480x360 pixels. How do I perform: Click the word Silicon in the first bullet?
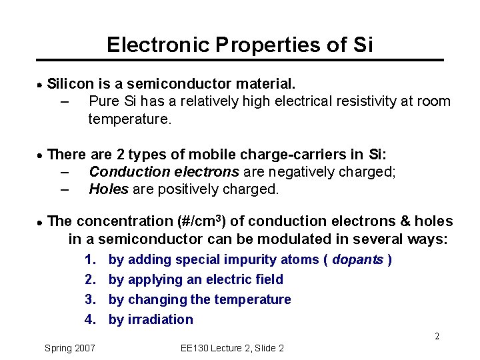pyautogui.click(x=73, y=84)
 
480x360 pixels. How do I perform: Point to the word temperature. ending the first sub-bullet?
pyautogui.click(x=130, y=119)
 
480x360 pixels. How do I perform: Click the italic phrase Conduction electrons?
pyautogui.click(x=164, y=172)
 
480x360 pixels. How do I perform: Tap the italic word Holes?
pyautogui.click(x=109, y=189)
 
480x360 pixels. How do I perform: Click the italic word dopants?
pyautogui.click(x=358, y=259)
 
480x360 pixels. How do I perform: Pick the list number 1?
pyautogui.click(x=91, y=259)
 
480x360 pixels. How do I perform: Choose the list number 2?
pyautogui.click(x=91, y=279)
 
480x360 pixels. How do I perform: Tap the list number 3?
pyautogui.click(x=91, y=299)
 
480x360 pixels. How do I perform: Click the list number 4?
pyautogui.click(x=91, y=319)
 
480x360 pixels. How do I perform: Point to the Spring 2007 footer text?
pyautogui.click(x=69, y=348)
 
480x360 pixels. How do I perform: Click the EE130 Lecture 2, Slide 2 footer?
pyautogui.click(x=232, y=348)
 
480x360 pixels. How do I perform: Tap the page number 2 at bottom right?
pyautogui.click(x=437, y=336)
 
